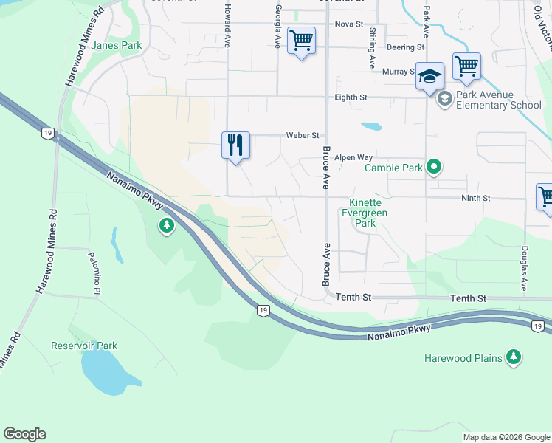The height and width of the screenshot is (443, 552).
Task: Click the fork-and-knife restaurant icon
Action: (235, 144)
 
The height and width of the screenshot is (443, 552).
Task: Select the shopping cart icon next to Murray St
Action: (466, 66)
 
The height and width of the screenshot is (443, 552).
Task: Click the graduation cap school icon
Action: (429, 75)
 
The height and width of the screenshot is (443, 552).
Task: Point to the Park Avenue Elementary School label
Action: (499, 100)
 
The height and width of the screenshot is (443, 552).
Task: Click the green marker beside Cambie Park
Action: (435, 168)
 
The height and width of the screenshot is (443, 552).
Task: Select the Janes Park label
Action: (117, 45)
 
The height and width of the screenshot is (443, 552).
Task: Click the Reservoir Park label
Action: (84, 346)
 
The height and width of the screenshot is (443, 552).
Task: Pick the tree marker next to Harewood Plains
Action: (514, 358)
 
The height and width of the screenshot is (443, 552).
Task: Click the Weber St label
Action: (303, 135)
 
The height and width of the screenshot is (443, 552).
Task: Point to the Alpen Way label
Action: (353, 157)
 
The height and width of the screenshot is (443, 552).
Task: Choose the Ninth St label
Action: (475, 198)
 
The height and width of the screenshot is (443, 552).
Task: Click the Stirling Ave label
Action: (373, 48)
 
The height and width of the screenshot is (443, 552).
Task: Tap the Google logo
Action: (24, 434)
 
